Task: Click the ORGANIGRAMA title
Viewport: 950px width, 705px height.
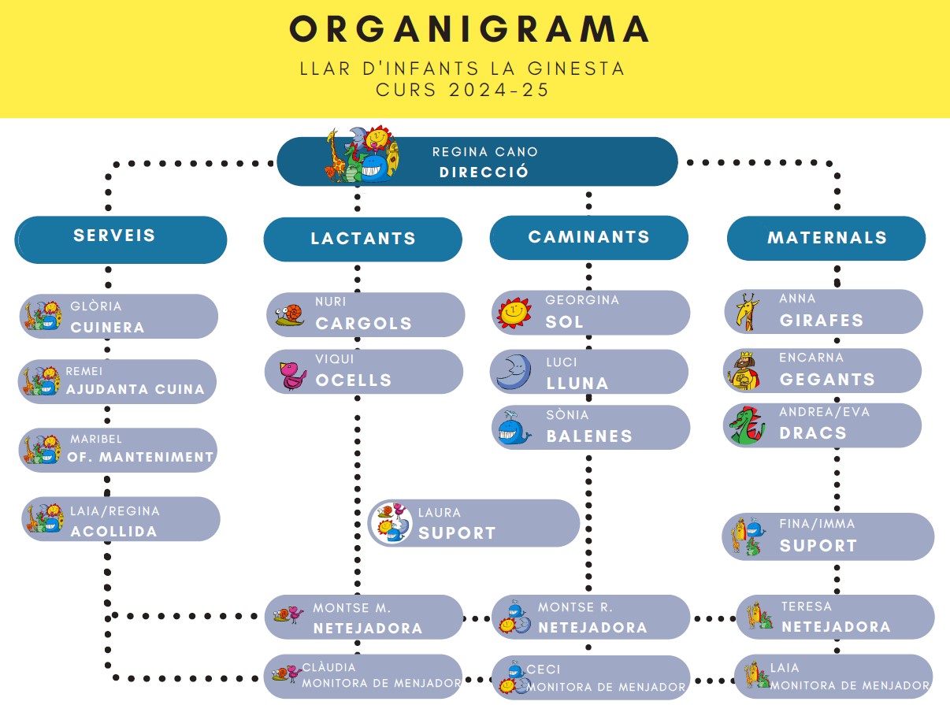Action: click(x=469, y=29)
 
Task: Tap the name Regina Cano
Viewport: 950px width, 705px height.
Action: click(x=484, y=152)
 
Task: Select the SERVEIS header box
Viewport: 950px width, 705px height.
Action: click(x=121, y=239)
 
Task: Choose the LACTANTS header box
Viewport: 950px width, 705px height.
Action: click(x=362, y=239)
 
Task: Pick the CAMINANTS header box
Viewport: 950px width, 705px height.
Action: click(x=588, y=237)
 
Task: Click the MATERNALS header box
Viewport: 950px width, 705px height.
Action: click(x=826, y=238)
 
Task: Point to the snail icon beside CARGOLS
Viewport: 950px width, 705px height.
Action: click(x=290, y=315)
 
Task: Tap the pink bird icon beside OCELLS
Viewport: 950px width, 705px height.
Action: click(x=293, y=374)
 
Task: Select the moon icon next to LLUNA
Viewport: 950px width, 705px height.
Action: click(x=514, y=371)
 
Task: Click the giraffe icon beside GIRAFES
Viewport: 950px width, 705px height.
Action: click(x=744, y=311)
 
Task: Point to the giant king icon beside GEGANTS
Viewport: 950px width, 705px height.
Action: click(x=744, y=370)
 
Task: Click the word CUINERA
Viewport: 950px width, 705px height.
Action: click(x=108, y=328)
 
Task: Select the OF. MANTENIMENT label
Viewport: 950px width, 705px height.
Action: click(x=140, y=457)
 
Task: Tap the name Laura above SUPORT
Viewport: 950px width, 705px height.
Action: click(x=439, y=513)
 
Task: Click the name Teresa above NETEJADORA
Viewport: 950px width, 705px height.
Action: click(x=806, y=607)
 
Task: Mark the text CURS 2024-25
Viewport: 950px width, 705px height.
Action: click(x=462, y=90)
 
